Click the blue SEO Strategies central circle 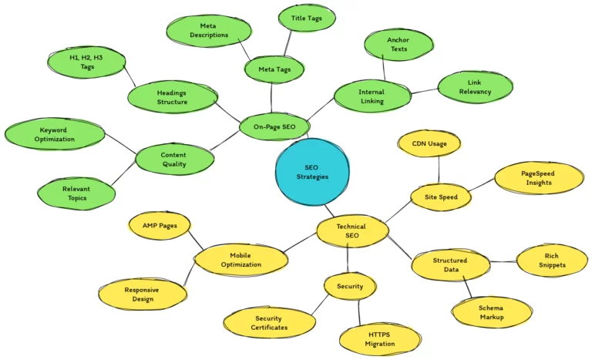click(x=313, y=172)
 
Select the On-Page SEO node click(x=274, y=126)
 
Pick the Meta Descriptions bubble click(x=209, y=30)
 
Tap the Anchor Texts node click(x=398, y=45)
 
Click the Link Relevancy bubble click(x=474, y=87)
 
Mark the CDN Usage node click(x=429, y=143)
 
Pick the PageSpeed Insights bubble click(x=537, y=178)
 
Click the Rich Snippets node click(x=552, y=261)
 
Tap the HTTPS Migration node click(x=380, y=339)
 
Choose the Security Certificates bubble click(x=267, y=323)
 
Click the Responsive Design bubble click(x=143, y=294)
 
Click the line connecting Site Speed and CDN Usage click(x=439, y=169)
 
